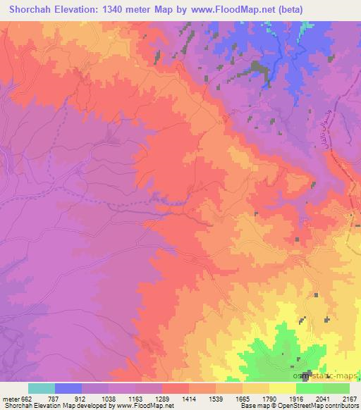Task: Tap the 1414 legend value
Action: pyautogui.click(x=189, y=399)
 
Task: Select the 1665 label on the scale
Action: pyautogui.click(x=242, y=399)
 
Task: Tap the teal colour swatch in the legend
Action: pyautogui.click(x=42, y=388)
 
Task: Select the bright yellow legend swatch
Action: pyautogui.click(x=282, y=388)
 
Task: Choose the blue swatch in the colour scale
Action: pyautogui.click(x=68, y=388)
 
